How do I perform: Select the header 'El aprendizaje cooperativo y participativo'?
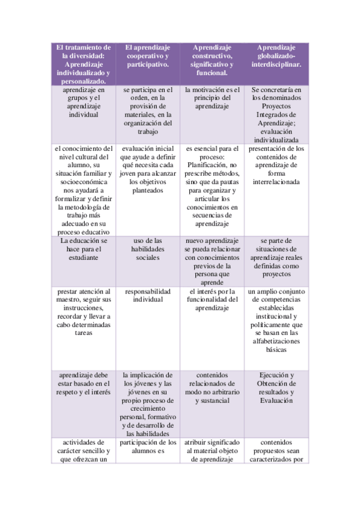(x=147, y=55)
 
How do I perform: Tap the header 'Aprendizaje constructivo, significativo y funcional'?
(x=212, y=60)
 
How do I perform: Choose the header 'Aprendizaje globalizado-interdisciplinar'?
(x=276, y=55)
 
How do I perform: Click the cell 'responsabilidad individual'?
(x=147, y=295)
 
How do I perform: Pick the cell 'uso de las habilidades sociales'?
(x=147, y=248)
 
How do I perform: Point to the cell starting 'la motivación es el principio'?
(x=212, y=97)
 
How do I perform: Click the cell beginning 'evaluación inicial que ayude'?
(x=147, y=170)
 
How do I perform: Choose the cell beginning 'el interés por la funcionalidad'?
(x=212, y=300)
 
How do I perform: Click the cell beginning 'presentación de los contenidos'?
(x=276, y=165)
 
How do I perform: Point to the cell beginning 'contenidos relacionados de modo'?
(x=212, y=387)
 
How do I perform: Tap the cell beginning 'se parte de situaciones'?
(x=276, y=257)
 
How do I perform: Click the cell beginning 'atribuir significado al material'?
(x=212, y=451)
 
